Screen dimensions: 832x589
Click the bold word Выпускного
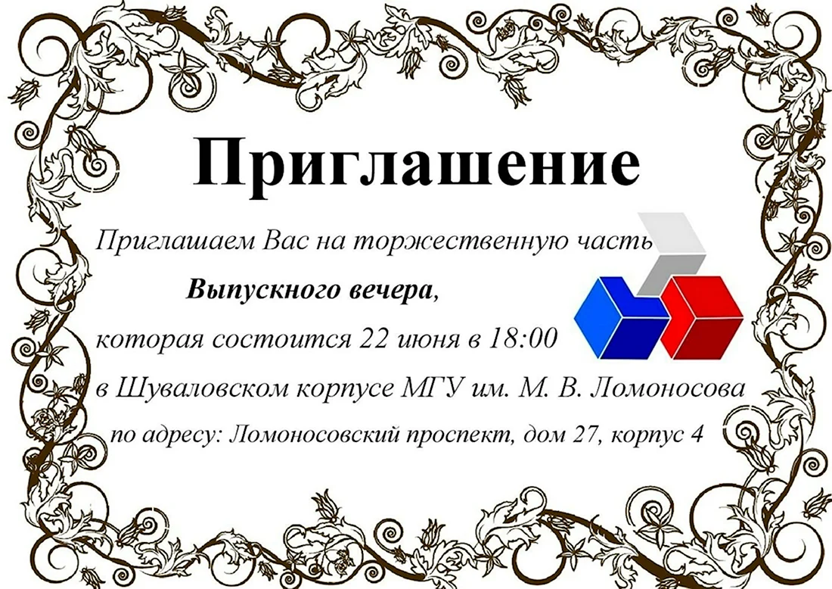(262, 291)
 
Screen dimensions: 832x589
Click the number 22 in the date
(374, 338)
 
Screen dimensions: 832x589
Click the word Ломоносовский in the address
(315, 435)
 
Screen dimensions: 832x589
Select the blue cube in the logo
(621, 318)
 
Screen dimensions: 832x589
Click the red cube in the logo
(701, 318)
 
